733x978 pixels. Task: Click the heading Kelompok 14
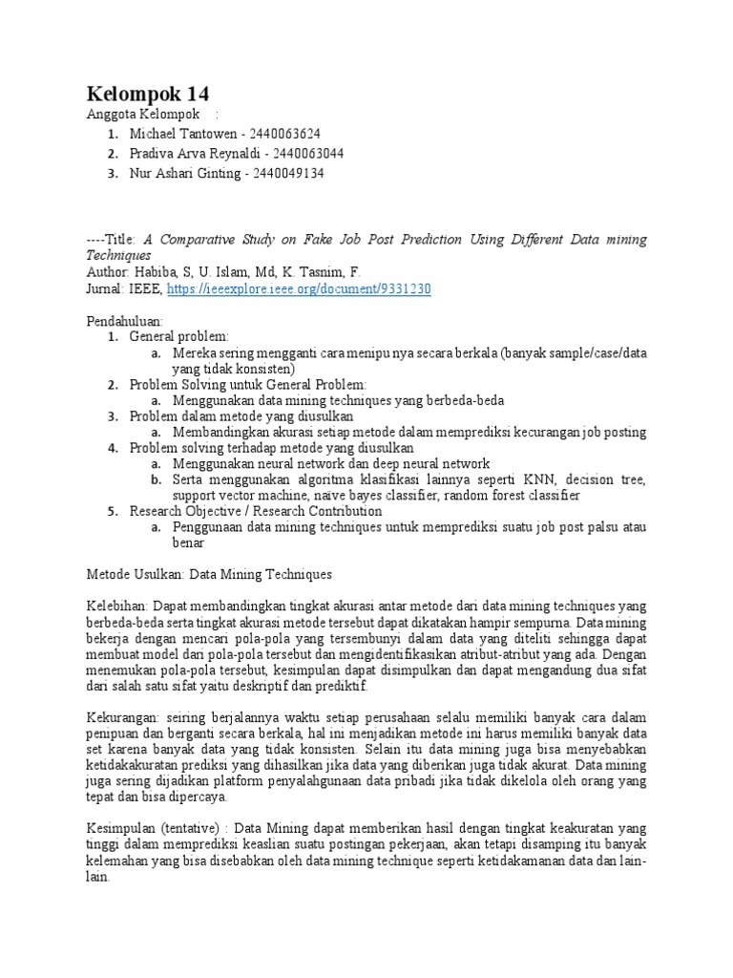pyautogui.click(x=148, y=94)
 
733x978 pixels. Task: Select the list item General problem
pyautogui.click(x=179, y=337)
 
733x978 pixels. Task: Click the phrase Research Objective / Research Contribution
pyautogui.click(x=256, y=511)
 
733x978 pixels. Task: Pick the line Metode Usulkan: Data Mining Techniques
pyautogui.click(x=210, y=575)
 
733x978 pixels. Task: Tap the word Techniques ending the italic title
pyautogui.click(x=119, y=255)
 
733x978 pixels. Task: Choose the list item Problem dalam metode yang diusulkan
pyautogui.click(x=241, y=416)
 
